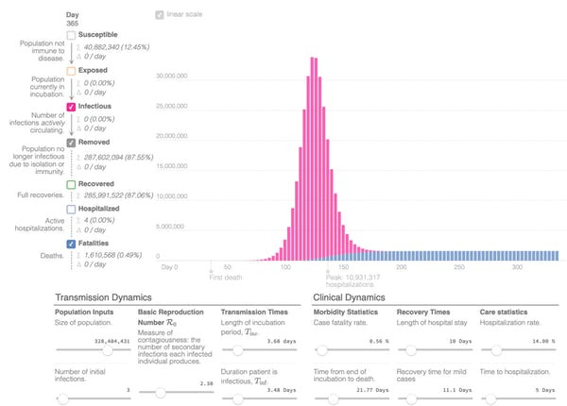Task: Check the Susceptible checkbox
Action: [72, 35]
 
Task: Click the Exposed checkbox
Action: [72, 71]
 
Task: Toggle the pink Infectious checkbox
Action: [72, 108]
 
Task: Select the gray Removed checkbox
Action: [72, 143]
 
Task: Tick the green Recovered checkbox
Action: [72, 184]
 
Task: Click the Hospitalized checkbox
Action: [72, 208]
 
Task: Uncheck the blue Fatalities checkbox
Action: [72, 243]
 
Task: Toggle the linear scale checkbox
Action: [160, 15]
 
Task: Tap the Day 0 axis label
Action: [169, 268]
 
